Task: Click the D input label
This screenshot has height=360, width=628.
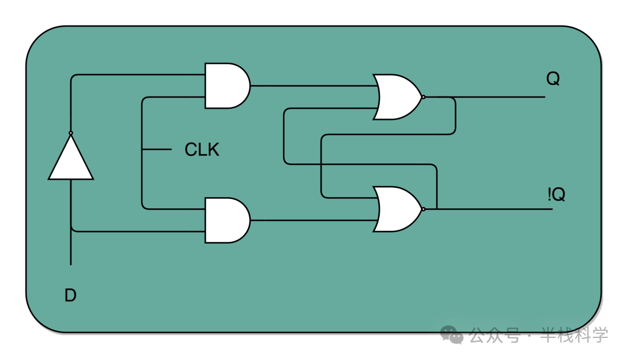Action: tap(70, 295)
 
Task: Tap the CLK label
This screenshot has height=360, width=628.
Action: tap(202, 149)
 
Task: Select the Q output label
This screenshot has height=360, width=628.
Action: tap(553, 79)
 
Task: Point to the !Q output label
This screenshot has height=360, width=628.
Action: tap(556, 194)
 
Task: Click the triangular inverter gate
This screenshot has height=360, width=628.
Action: tap(71, 158)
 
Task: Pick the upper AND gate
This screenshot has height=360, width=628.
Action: tap(227, 85)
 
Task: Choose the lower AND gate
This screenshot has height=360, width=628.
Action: tap(227, 220)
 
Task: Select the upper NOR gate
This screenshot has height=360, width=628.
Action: tap(397, 97)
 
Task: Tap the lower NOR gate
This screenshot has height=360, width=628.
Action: tap(397, 209)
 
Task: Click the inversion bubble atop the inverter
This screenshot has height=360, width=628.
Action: tap(71, 133)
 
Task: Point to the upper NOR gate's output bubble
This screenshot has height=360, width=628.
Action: tap(424, 97)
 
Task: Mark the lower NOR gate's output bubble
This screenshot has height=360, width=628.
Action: tap(424, 209)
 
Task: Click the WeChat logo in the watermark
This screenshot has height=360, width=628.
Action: tap(452, 334)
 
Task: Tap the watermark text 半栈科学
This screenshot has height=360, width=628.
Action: tap(575, 335)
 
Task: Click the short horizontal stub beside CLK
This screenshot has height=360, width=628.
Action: tap(157, 149)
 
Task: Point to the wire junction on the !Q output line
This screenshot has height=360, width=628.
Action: tap(437, 209)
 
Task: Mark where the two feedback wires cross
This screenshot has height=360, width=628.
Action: tap(321, 164)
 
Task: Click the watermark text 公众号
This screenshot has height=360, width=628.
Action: tap(495, 335)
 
